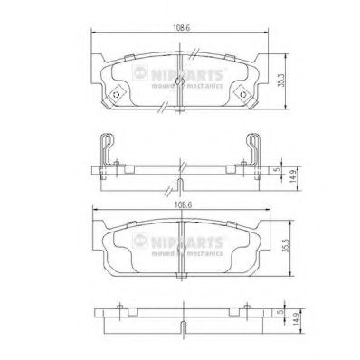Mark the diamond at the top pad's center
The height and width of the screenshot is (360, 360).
181,83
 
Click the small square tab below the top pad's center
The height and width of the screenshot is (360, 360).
181,112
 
